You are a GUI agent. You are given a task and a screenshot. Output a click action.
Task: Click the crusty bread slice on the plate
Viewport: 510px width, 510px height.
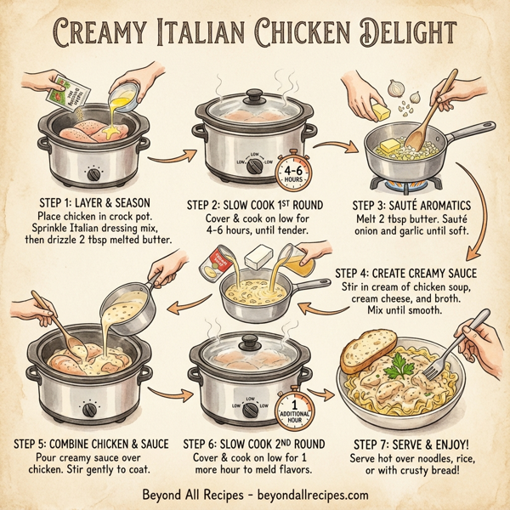click(x=369, y=349)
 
